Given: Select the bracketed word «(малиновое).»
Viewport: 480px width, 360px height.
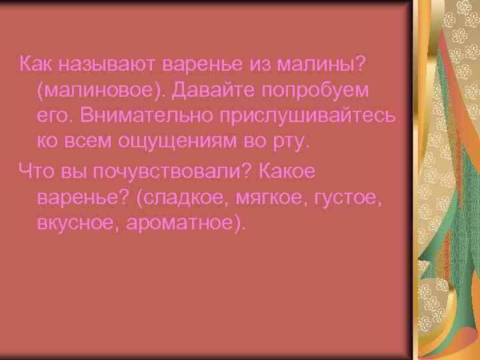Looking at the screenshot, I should [x=99, y=90].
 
